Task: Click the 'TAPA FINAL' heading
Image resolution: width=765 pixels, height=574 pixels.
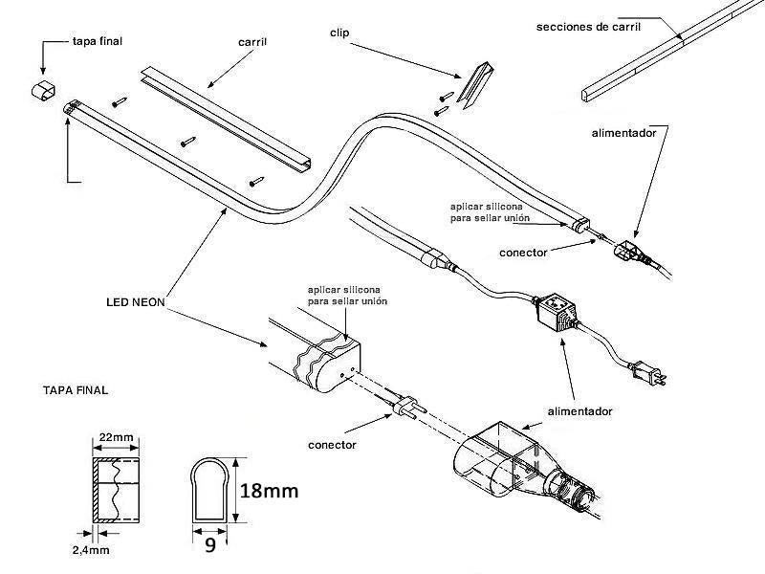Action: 76,390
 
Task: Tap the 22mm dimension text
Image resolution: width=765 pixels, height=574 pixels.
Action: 116,437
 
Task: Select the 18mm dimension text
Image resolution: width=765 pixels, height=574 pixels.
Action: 268,491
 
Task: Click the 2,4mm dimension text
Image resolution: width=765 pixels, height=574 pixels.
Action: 90,552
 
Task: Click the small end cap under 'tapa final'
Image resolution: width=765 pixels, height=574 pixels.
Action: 42,93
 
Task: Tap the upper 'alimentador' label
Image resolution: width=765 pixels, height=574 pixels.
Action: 623,134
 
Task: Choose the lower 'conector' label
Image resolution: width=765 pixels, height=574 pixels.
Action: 333,445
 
